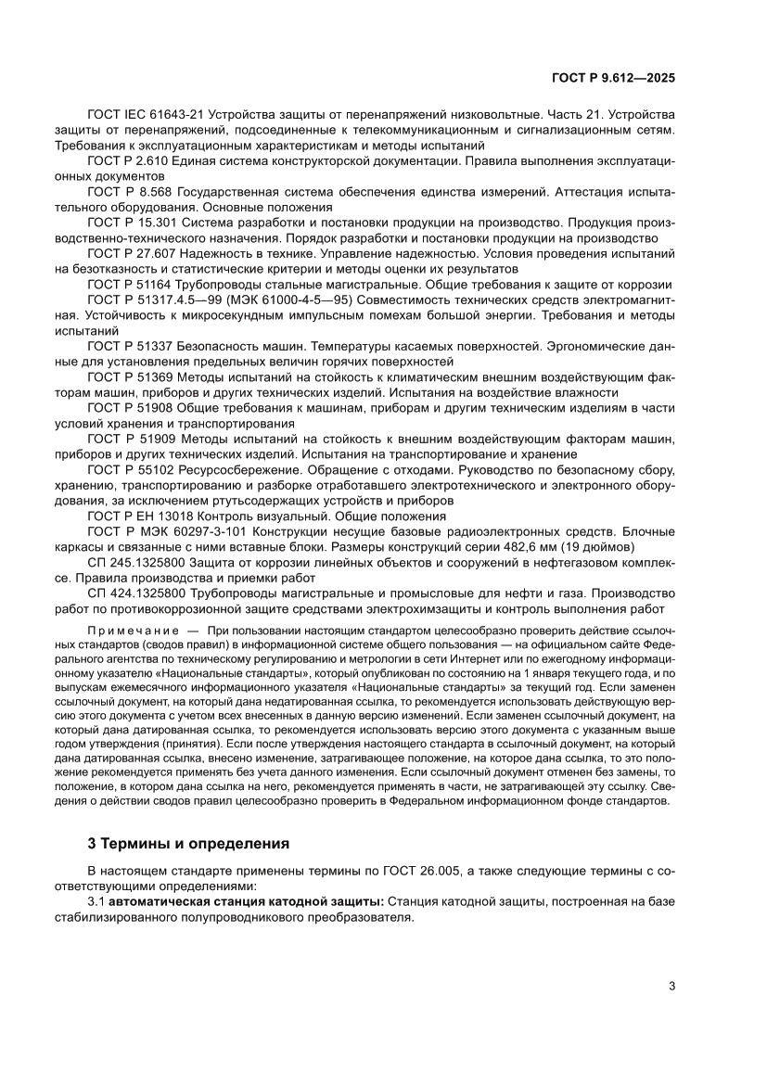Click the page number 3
[671, 986]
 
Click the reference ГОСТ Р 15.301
[131, 223]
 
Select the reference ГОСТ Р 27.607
[131, 253]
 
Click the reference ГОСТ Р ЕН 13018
[138, 516]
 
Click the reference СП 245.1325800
[135, 562]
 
